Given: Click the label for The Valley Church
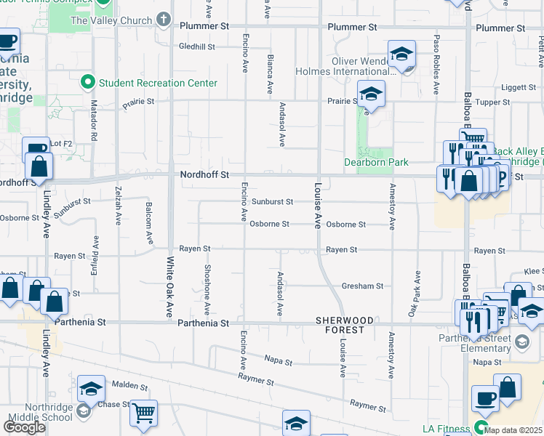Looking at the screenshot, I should tap(111, 20).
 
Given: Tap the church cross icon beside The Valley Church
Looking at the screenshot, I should tap(164, 20).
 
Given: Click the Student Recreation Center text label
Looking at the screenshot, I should tap(158, 83).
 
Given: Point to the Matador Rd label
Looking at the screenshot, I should tap(94, 125).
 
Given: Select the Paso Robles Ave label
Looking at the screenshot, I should tap(436, 65).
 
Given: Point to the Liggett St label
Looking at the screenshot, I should tap(518, 87).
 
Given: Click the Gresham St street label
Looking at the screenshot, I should tap(362, 286).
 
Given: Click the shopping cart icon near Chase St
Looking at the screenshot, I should tap(143, 412).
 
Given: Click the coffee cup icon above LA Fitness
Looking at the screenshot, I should tap(485, 397).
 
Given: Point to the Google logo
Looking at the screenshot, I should tap(24, 427).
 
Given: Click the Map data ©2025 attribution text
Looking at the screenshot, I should tap(513, 430).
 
